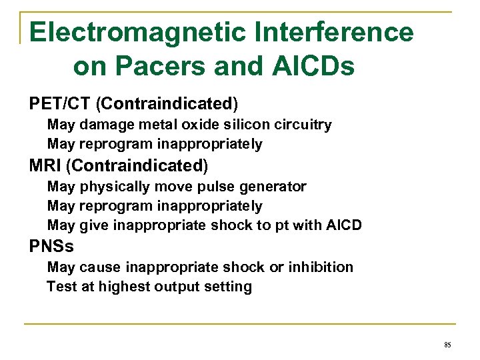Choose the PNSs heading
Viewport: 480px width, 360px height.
[x=51, y=246]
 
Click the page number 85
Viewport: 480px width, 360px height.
[x=447, y=345]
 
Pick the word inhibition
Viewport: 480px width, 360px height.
[x=324, y=267]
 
